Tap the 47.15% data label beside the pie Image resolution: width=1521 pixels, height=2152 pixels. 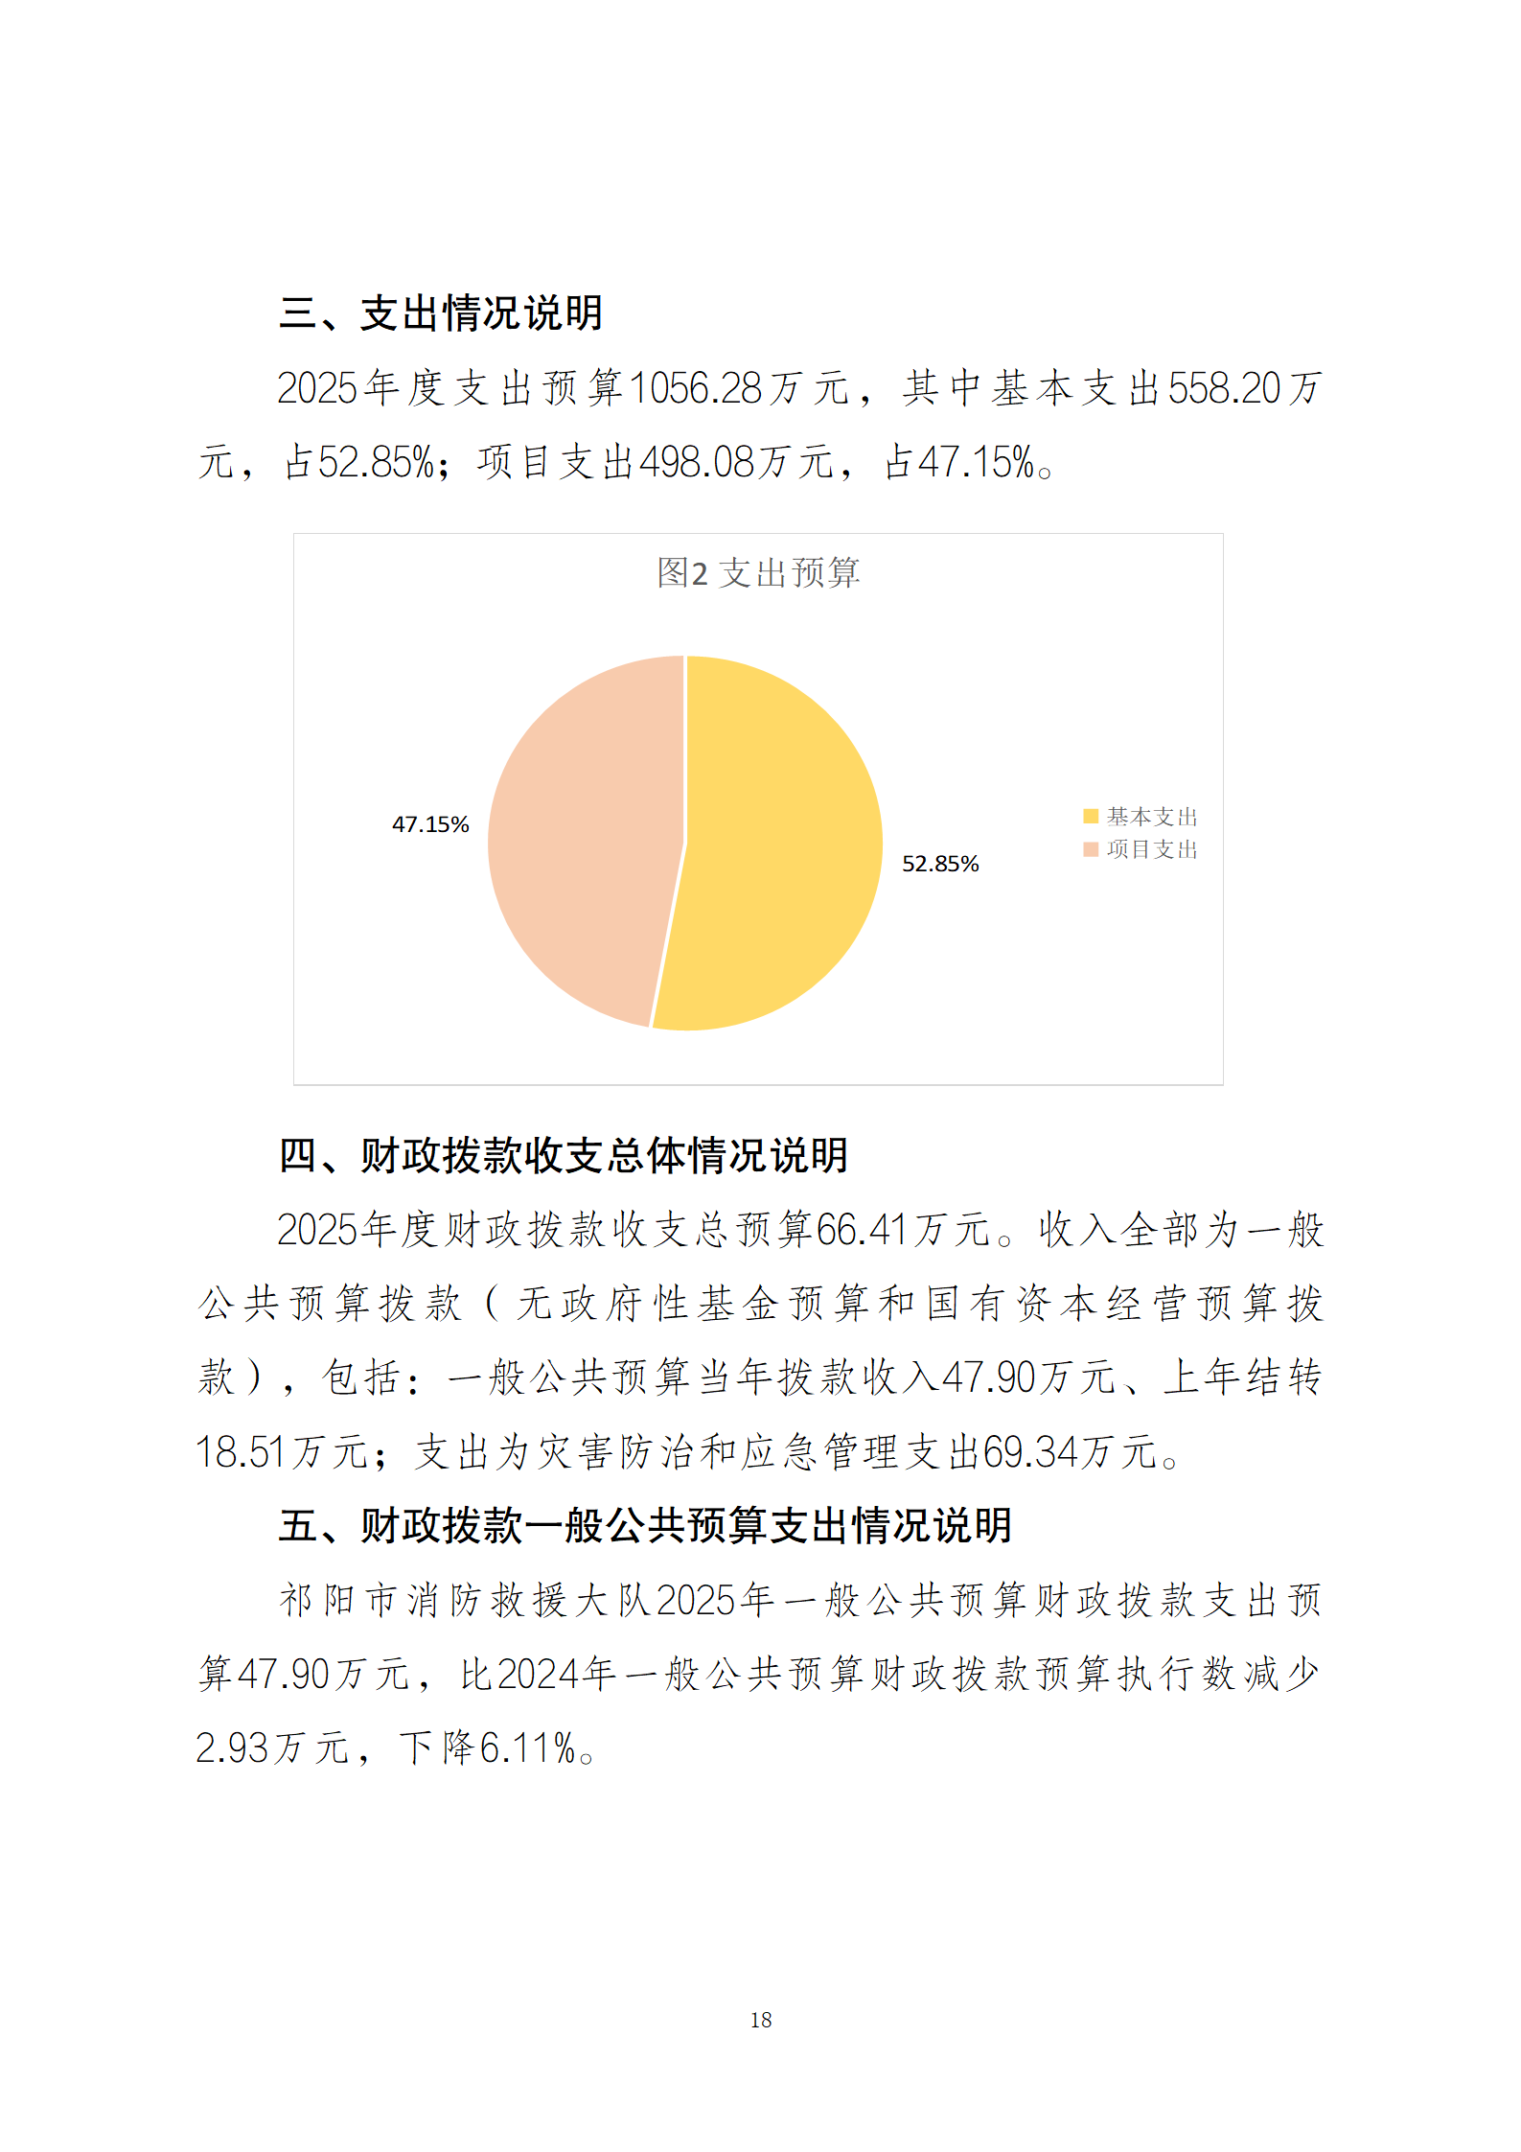click(430, 824)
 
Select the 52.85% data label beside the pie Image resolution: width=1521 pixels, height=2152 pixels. click(940, 864)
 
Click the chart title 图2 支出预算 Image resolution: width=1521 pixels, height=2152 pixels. click(758, 573)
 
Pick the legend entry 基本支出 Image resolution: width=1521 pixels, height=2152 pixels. click(1151, 817)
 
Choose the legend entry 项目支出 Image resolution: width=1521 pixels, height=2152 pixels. click(1151, 849)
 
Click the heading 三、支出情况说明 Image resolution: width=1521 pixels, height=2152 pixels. click(441, 313)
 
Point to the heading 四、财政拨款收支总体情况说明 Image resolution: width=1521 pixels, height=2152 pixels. click(564, 1155)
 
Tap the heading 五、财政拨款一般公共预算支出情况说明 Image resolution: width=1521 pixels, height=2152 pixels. click(645, 1525)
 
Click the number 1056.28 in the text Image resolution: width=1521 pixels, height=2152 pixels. click(696, 388)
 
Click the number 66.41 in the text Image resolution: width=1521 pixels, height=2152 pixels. click(862, 1230)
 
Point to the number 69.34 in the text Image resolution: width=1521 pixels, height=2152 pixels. click(1031, 1451)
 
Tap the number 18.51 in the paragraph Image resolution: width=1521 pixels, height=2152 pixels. click(241, 1451)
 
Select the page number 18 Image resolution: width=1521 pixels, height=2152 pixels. click(761, 2020)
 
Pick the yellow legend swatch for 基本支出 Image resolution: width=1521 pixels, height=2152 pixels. click(1090, 817)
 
